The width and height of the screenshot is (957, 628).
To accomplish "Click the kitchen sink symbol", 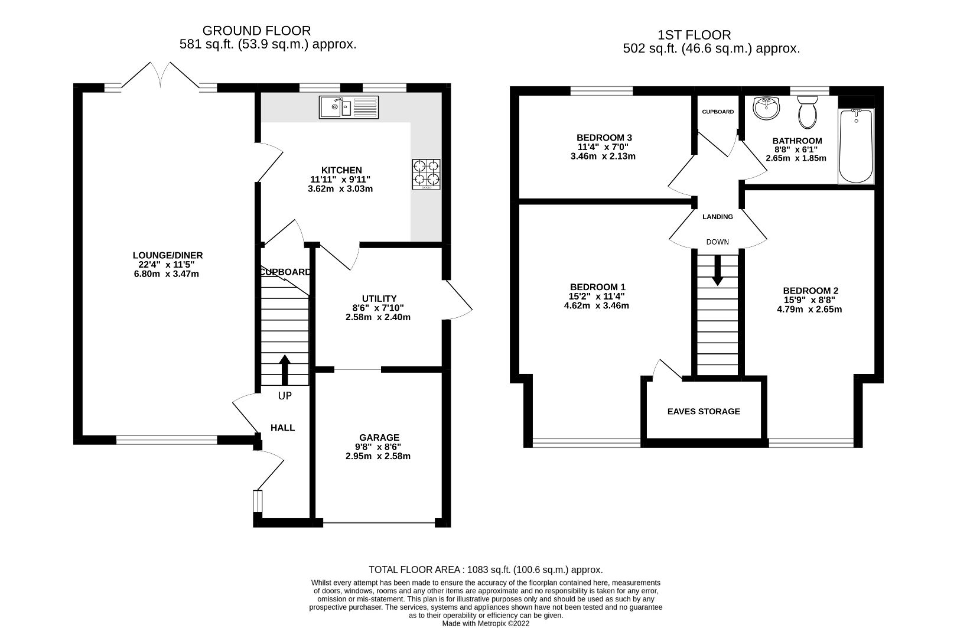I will [x=349, y=108].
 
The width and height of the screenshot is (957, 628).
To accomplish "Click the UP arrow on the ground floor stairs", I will [x=285, y=370].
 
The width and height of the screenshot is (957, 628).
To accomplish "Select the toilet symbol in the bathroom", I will [x=806, y=113].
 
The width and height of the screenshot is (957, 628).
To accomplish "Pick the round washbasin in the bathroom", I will [x=767, y=109].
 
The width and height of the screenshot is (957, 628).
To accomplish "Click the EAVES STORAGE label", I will [x=703, y=411].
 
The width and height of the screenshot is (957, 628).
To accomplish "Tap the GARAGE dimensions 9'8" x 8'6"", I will [x=377, y=447].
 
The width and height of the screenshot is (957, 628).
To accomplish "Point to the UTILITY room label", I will [x=379, y=298].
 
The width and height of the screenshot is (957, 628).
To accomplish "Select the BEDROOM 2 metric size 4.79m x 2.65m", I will [x=809, y=309].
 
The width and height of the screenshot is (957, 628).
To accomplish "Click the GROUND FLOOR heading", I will [x=256, y=31].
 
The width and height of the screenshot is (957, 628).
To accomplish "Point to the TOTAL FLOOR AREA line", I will [x=485, y=570].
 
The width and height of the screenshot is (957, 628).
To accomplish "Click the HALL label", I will [x=282, y=427].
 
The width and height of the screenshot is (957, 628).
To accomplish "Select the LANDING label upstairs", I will [x=717, y=217].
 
